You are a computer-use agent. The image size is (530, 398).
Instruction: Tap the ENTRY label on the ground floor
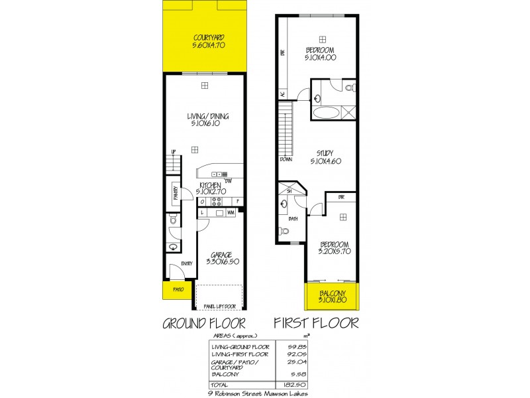point(186,263)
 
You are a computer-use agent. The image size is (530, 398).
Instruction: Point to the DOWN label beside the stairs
point(286,159)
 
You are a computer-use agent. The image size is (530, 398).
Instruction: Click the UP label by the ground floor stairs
point(174,151)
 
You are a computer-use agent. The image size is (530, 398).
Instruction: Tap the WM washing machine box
point(231,213)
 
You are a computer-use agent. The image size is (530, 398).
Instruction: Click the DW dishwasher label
point(227,180)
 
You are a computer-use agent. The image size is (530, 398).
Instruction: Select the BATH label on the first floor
point(293,218)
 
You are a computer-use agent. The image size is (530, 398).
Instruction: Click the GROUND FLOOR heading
point(204,324)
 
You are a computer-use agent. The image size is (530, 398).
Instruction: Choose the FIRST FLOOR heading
point(317,324)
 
